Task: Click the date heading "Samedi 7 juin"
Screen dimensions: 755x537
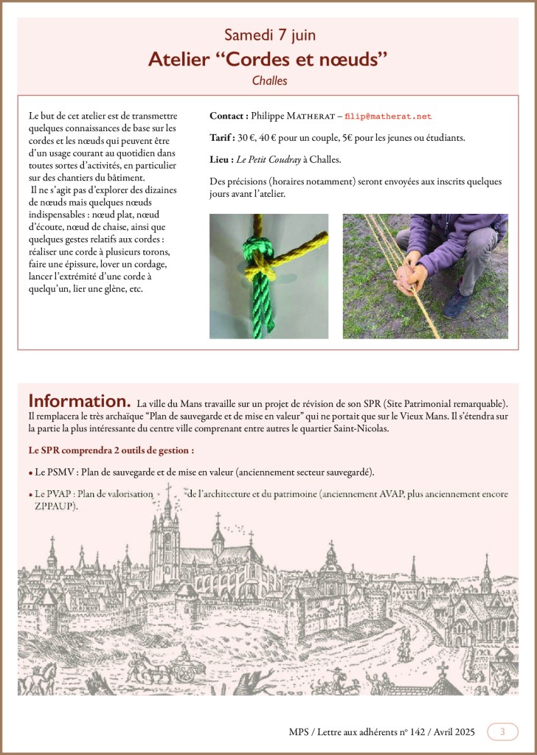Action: pyautogui.click(x=268, y=36)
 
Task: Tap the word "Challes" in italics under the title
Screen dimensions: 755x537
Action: pyautogui.click(x=268, y=81)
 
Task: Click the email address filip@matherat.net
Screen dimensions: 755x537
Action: pyautogui.click(x=389, y=116)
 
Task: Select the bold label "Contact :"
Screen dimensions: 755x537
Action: pyautogui.click(x=229, y=116)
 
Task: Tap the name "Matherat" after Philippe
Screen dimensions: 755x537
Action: pyautogui.click(x=309, y=116)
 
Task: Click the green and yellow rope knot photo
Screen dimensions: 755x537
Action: pyautogui.click(x=268, y=276)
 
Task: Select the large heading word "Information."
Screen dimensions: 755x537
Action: pyautogui.click(x=80, y=402)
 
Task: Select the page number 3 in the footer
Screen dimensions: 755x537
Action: pyautogui.click(x=502, y=732)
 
